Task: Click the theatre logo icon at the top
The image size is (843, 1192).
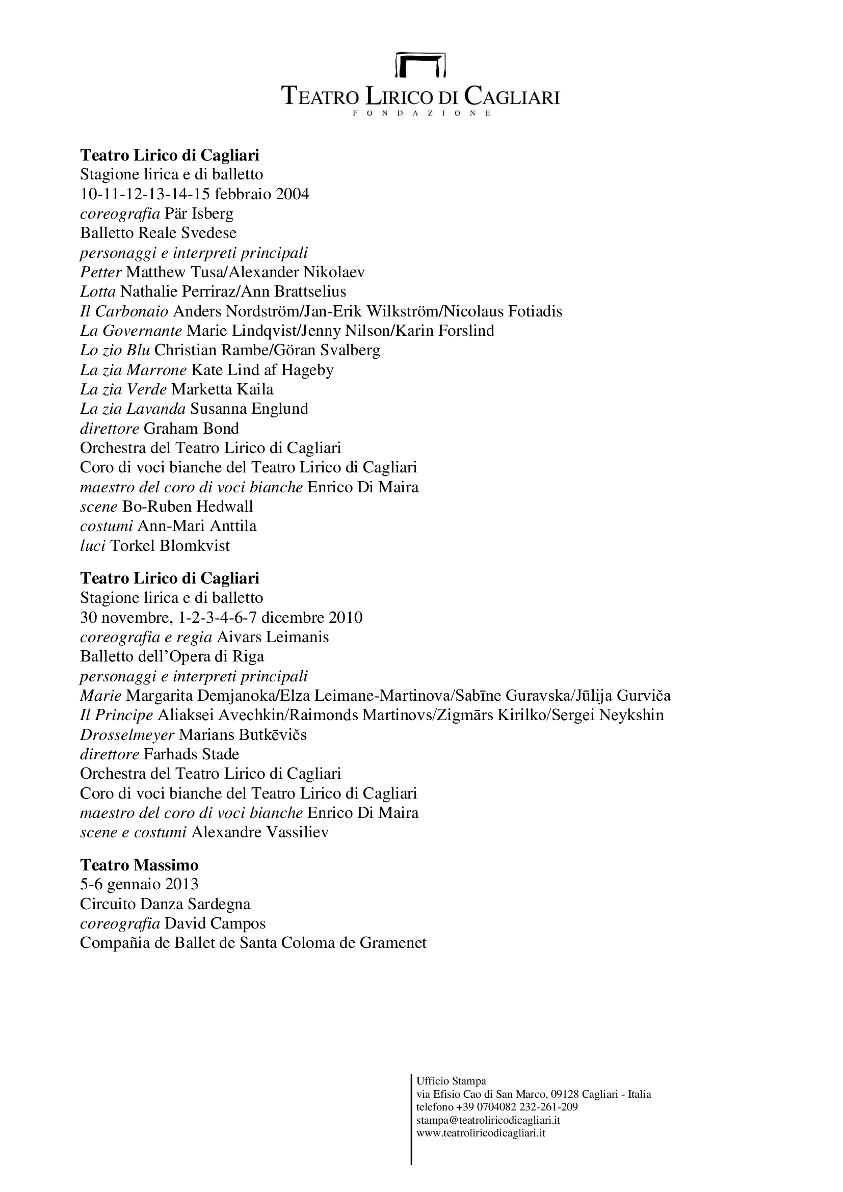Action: click(x=421, y=64)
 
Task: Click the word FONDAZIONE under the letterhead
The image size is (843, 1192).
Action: click(x=421, y=113)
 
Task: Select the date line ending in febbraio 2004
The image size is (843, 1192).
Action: click(x=195, y=194)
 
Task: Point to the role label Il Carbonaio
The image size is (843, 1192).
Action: click(x=124, y=311)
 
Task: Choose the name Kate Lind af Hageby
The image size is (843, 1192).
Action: click(x=262, y=370)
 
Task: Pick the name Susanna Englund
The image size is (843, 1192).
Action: click(x=249, y=409)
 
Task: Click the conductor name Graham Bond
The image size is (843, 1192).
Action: click(x=191, y=429)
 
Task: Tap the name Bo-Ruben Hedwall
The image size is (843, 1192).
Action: click(x=188, y=507)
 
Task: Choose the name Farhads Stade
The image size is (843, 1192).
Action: click(x=191, y=754)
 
